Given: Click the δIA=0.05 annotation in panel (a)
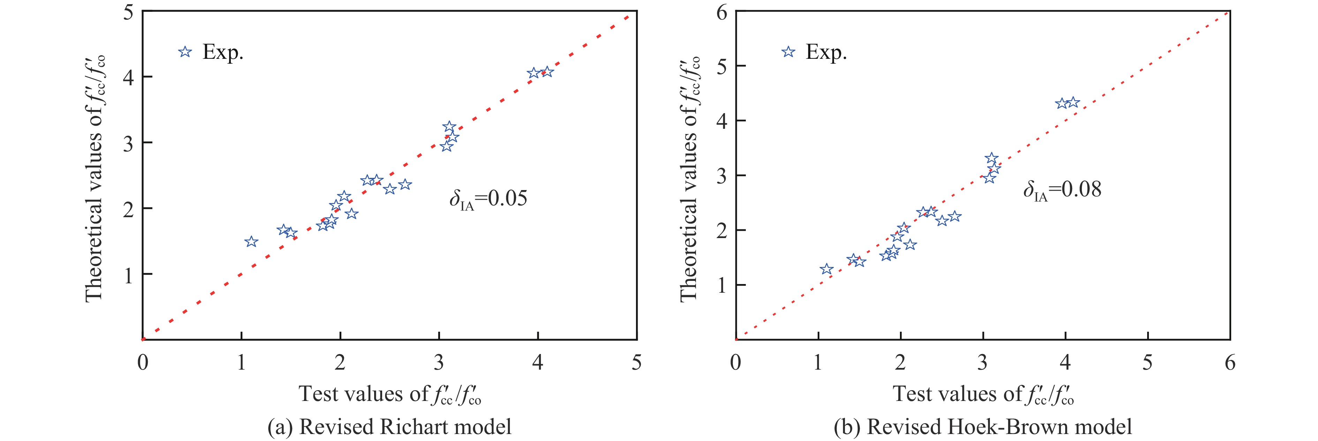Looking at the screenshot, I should pos(488,199).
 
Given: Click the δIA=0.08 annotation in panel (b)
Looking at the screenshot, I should pos(1062,190).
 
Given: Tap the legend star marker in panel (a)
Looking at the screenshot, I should pos(185,52).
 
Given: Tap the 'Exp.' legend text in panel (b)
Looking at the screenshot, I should pos(826,52).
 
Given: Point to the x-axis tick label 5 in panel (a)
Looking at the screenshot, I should pos(636,363).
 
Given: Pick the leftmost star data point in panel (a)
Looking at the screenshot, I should pos(251,242).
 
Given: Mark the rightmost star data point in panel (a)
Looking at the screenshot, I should pos(547,72).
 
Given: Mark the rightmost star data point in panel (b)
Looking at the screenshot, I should pos(1073,103).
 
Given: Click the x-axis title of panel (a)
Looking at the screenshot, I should pos(389,394).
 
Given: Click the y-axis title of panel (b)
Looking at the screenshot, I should pos(689,179).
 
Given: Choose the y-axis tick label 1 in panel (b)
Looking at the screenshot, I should pos(721,285).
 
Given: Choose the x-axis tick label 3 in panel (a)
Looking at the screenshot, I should pos(439,363).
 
